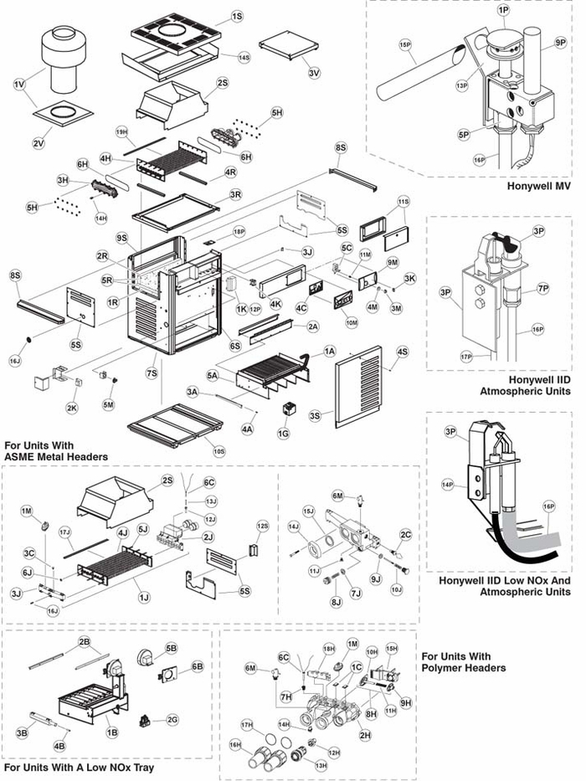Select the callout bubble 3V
(x=314, y=73)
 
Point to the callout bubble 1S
(x=237, y=16)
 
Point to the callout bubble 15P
(x=405, y=44)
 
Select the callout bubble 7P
(x=542, y=289)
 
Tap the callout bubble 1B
(x=111, y=732)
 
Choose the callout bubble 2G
(x=172, y=719)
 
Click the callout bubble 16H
(x=235, y=743)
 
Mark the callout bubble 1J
(x=146, y=598)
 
